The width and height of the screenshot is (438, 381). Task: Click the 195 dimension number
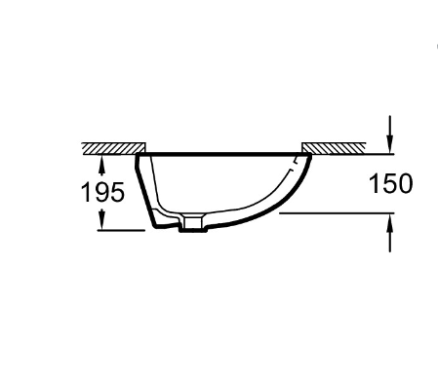(x=102, y=192)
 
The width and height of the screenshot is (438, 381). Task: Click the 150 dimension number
(x=391, y=184)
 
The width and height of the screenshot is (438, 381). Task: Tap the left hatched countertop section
(x=113, y=148)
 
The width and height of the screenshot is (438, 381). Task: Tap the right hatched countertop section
(x=334, y=148)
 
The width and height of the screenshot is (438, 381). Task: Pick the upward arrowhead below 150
(x=390, y=223)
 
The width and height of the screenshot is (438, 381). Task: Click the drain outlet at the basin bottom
(x=193, y=222)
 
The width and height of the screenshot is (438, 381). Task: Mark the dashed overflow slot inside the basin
(x=294, y=164)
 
